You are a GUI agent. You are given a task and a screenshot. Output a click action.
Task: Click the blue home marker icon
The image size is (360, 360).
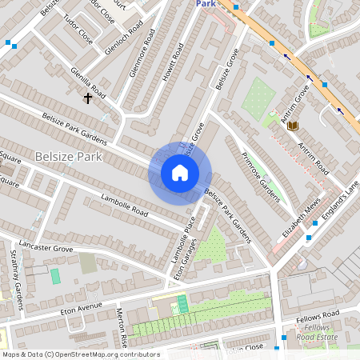180,172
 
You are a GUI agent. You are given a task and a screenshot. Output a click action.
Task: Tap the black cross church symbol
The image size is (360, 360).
88,98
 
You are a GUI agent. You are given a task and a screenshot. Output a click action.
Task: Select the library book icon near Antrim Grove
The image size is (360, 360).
293,126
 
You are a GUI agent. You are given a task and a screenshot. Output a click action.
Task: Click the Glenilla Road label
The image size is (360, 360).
88,78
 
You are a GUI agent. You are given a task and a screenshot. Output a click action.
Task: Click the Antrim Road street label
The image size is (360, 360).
313,157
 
